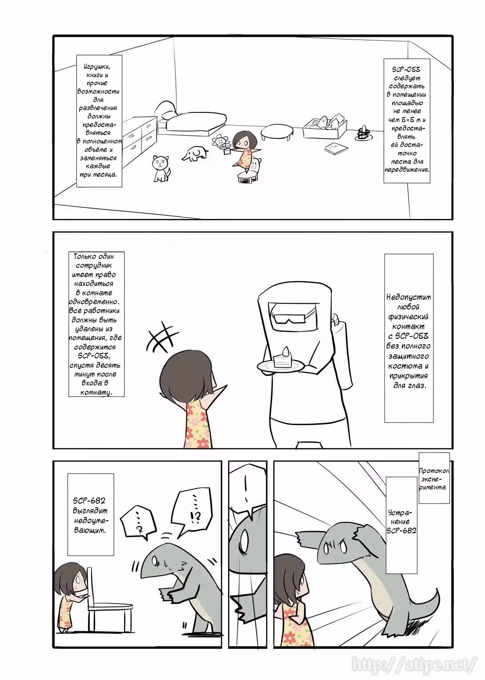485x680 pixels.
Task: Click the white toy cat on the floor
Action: pyautogui.click(x=161, y=168)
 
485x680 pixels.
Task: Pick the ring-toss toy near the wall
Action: pyautogui.click(x=363, y=134)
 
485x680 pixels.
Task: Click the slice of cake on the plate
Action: pyautogui.click(x=282, y=359)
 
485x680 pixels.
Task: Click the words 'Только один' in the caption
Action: pyautogui.click(x=94, y=257)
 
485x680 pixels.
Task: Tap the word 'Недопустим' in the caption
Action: pyautogui.click(x=409, y=297)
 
